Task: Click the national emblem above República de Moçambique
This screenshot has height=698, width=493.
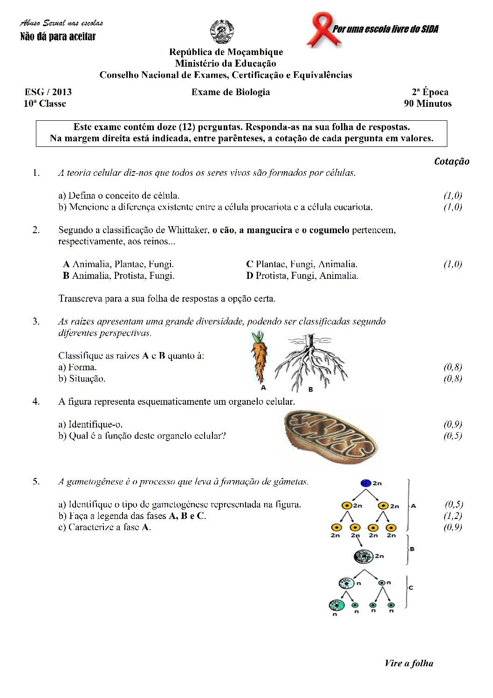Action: pos(222,32)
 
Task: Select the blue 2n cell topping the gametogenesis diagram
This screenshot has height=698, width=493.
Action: pos(366,483)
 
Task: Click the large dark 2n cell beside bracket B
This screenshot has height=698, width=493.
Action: pos(363,556)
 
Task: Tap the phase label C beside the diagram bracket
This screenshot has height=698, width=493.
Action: pos(411,587)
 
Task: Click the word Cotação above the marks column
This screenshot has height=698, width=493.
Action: pos(452,161)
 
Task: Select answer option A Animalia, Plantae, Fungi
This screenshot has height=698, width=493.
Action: pos(118,264)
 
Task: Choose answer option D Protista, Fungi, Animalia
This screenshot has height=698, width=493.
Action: pos(302,276)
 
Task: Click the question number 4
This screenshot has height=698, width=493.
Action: pos(36,401)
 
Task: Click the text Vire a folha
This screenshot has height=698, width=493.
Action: pos(409,663)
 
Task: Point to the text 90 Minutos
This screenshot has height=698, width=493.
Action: pos(427,104)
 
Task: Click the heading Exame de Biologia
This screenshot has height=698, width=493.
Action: pos(231,92)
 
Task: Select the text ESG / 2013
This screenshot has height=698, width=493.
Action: pos(48,92)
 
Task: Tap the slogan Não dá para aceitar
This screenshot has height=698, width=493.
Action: pos(58,36)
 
